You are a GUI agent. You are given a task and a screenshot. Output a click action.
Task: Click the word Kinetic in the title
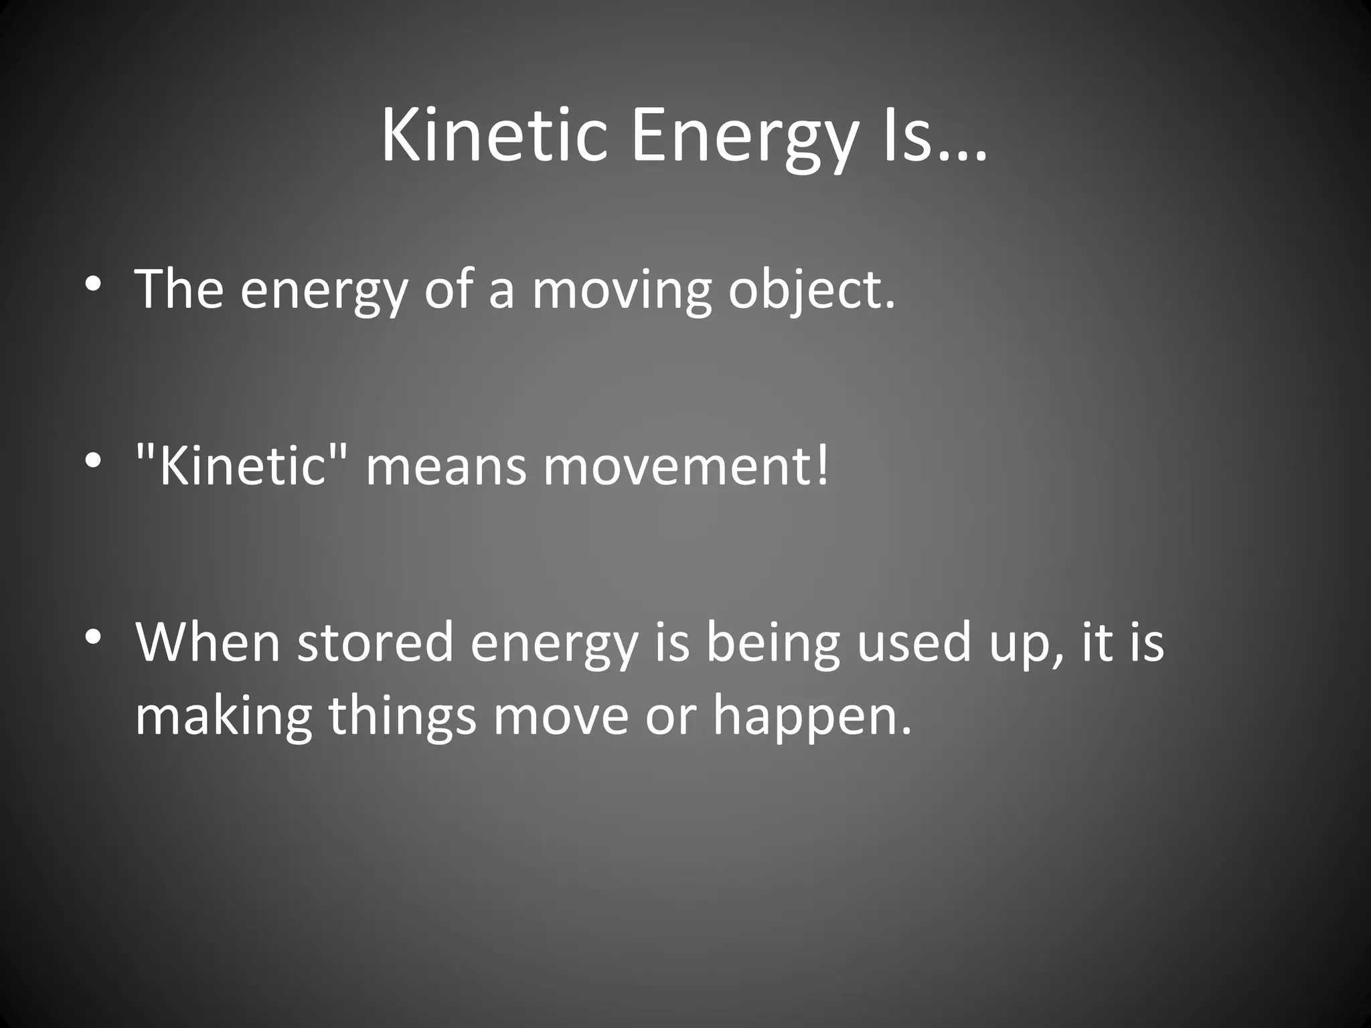494,137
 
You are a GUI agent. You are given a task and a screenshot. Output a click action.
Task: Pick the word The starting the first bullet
179,289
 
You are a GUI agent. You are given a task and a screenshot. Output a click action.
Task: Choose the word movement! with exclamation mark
685,466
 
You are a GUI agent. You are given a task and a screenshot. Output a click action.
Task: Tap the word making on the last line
224,716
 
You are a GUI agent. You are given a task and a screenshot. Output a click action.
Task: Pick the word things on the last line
402,716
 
